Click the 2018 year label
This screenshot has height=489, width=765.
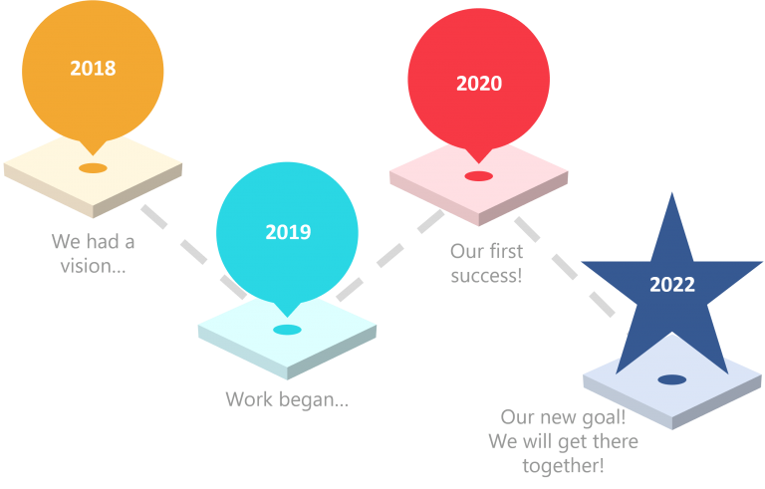93,69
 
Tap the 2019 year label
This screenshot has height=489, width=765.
288,232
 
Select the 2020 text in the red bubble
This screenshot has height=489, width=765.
479,84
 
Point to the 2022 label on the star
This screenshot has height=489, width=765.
672,285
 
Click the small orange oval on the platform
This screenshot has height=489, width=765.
93,168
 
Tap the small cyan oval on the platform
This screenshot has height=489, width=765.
287,330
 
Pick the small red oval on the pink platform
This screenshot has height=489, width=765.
478,176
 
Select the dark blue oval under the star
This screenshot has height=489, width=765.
672,379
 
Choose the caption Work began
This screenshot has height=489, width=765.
287,399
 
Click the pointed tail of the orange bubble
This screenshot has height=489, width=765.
93,154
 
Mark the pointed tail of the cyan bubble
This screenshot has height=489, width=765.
287,316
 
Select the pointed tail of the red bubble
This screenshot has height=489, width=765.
478,162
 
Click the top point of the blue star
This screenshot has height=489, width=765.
672,193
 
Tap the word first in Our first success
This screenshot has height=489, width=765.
506,251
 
